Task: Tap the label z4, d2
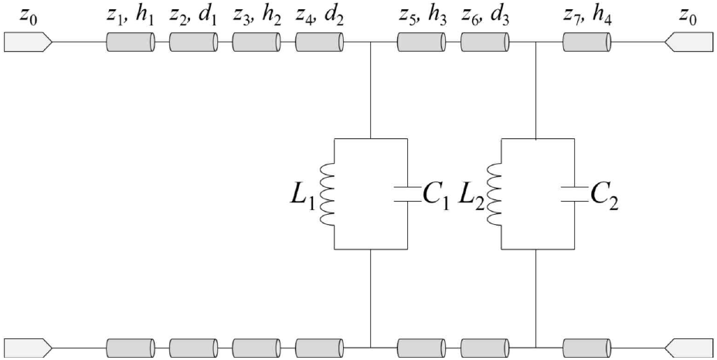pos(319,18)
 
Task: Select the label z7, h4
pos(586,18)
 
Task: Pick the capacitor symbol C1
pos(407,194)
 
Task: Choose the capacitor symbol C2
pos(574,194)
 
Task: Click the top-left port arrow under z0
pos(29,42)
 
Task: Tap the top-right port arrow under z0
pos(688,42)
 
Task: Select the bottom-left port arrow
pos(29,348)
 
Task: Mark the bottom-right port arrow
pos(688,348)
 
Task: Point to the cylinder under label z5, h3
pos(420,42)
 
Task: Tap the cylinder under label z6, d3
pos(484,42)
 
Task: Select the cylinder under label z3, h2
pos(256,42)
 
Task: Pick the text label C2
pos(604,198)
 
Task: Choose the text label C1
pos(436,198)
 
